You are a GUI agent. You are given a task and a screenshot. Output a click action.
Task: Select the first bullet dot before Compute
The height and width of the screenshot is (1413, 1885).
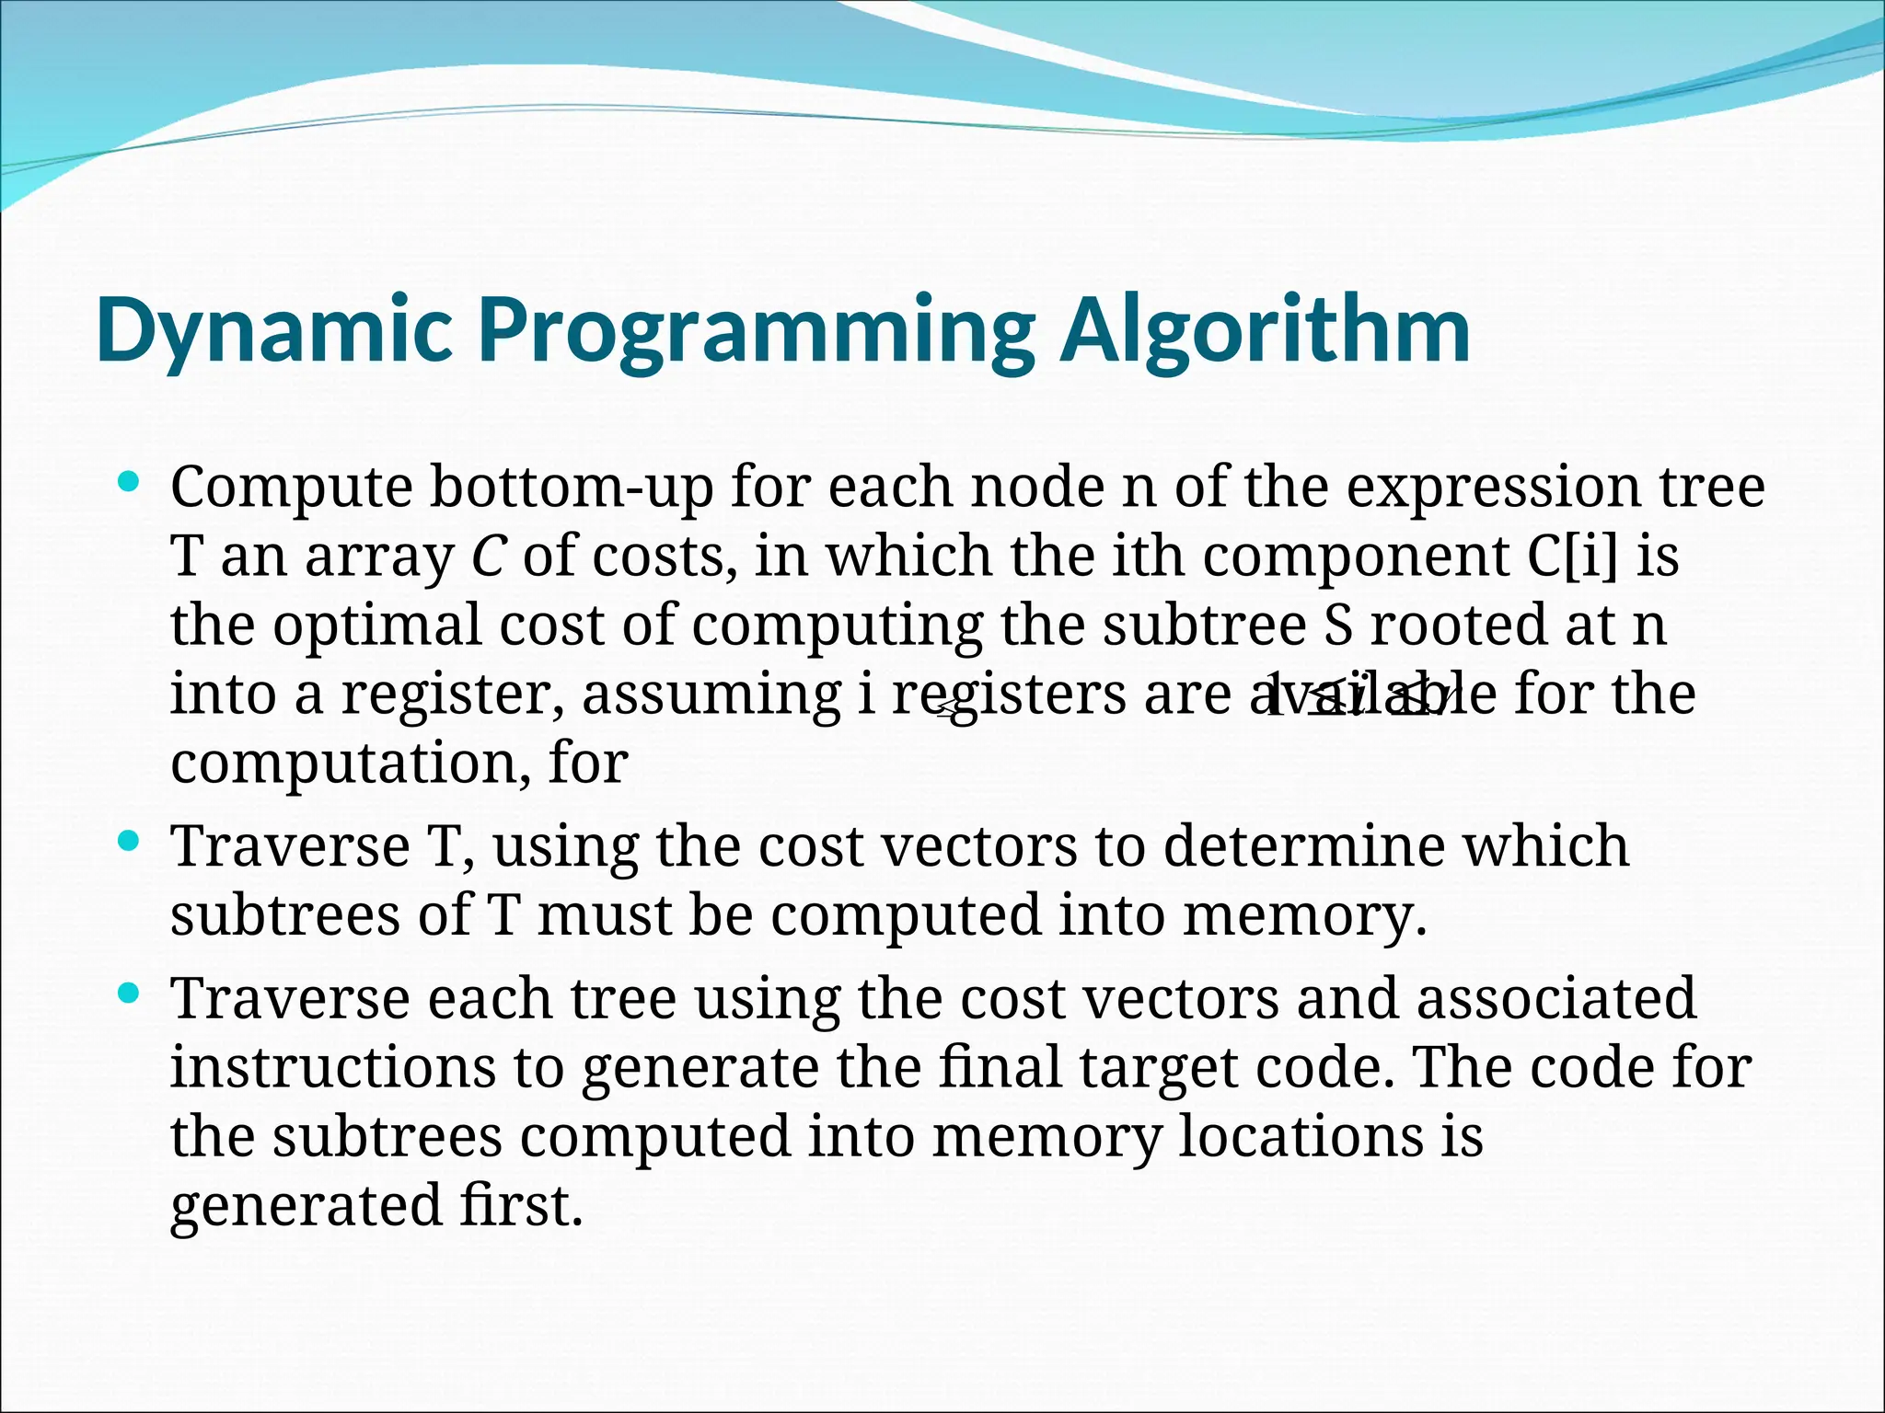129,481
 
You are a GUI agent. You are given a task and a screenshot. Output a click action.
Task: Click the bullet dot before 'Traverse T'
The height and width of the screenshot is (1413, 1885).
129,841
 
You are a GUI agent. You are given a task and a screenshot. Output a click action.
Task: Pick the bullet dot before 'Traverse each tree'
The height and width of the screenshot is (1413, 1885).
129,994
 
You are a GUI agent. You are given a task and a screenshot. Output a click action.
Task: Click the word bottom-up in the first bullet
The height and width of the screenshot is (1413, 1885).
571,488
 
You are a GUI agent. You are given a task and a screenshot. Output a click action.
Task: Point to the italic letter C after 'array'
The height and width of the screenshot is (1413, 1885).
488,557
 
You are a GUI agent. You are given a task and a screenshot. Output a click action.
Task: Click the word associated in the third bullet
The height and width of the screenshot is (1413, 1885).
1555,999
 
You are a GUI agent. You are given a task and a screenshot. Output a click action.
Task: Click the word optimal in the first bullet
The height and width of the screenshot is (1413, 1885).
377,626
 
